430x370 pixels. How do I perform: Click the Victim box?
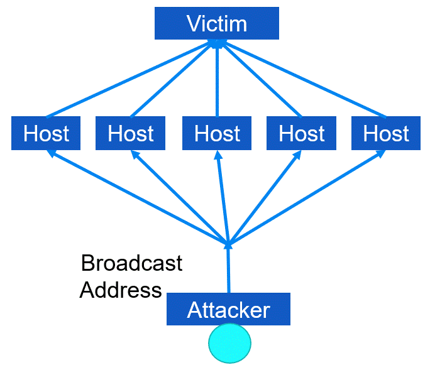(x=216, y=23)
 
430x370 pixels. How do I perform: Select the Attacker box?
(x=228, y=309)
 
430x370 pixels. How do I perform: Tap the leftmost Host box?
(x=46, y=133)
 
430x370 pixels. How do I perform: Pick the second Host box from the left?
(x=130, y=133)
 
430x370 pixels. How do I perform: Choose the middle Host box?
(x=217, y=133)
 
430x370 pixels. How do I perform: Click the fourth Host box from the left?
(x=302, y=133)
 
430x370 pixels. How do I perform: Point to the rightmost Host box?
(x=386, y=133)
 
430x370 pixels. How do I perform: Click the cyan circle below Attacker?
(x=229, y=343)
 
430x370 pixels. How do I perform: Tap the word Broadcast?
(x=132, y=263)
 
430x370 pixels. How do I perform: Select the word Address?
(x=121, y=290)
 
